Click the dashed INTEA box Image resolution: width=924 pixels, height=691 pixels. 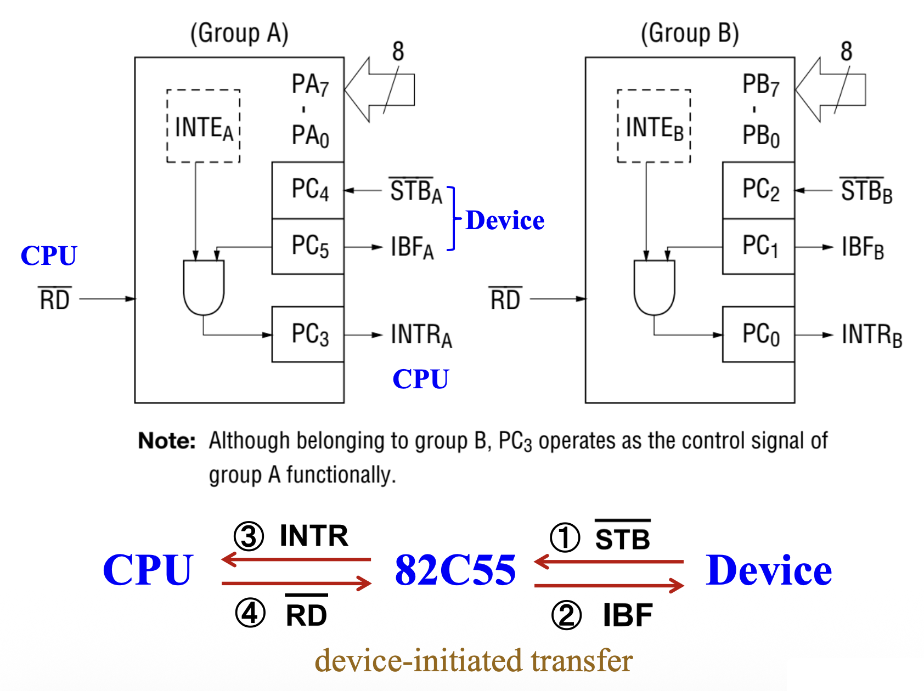tap(204, 126)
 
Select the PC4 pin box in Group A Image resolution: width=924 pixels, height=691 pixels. tap(308, 190)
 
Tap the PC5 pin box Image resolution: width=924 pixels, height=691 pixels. tap(308, 246)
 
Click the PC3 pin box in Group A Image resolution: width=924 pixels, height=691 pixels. tap(308, 335)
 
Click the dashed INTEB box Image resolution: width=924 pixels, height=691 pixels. tap(654, 126)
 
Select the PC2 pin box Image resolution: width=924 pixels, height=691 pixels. tap(759, 190)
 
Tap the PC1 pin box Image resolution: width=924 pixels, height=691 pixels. tap(759, 246)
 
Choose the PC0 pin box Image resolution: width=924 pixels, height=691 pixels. tap(759, 335)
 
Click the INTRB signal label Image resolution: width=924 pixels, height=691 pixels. tap(872, 335)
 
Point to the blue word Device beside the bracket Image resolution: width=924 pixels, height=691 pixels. tap(505, 220)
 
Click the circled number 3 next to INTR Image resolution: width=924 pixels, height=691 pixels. tap(249, 536)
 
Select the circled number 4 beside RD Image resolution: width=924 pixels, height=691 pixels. tap(250, 613)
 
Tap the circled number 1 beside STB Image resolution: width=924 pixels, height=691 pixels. tap(565, 537)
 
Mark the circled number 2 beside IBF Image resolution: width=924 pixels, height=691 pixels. tap(566, 615)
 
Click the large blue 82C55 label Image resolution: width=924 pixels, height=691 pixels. tap(455, 570)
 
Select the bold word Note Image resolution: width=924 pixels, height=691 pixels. tap(167, 441)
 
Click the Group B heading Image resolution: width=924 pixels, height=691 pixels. tap(690, 33)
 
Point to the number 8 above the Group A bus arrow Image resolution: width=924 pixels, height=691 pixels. tap(398, 52)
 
